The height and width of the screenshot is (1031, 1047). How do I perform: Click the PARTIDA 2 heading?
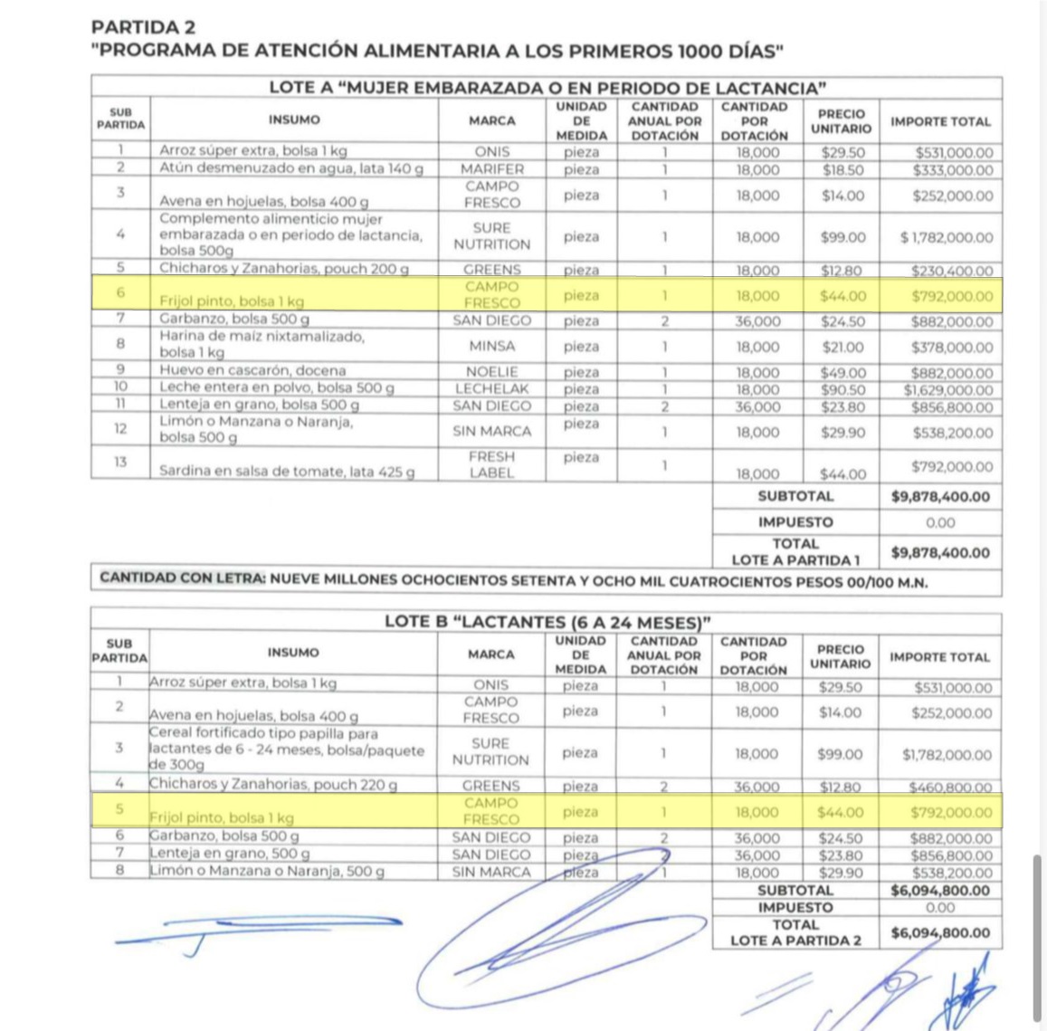[143, 27]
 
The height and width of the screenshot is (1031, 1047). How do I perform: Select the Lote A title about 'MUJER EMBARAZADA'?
[547, 88]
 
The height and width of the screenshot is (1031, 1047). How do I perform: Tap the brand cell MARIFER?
[491, 169]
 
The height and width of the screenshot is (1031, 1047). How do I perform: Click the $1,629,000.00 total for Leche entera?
[947, 390]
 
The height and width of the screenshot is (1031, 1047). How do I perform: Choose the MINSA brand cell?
[491, 347]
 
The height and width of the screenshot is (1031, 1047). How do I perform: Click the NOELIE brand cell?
[491, 372]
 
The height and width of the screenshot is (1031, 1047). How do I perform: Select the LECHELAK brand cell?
[491, 389]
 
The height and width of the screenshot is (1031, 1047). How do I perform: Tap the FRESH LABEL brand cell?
[491, 464]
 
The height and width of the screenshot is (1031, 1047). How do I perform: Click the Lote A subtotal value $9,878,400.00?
[940, 497]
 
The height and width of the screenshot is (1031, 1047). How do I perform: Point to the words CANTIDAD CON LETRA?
[183, 578]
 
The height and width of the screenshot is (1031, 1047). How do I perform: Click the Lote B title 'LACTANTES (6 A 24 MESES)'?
[547, 623]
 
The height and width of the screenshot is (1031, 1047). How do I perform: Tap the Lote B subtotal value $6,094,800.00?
[940, 891]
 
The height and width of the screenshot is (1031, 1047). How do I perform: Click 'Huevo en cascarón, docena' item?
[252, 371]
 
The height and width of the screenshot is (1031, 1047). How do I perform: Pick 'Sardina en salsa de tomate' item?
[286, 472]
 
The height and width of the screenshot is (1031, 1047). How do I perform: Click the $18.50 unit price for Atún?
[842, 170]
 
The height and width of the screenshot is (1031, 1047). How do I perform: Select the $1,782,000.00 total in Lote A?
[946, 238]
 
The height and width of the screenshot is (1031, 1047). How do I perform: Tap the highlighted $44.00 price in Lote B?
[841, 813]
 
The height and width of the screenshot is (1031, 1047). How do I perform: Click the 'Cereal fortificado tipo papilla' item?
[286, 749]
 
